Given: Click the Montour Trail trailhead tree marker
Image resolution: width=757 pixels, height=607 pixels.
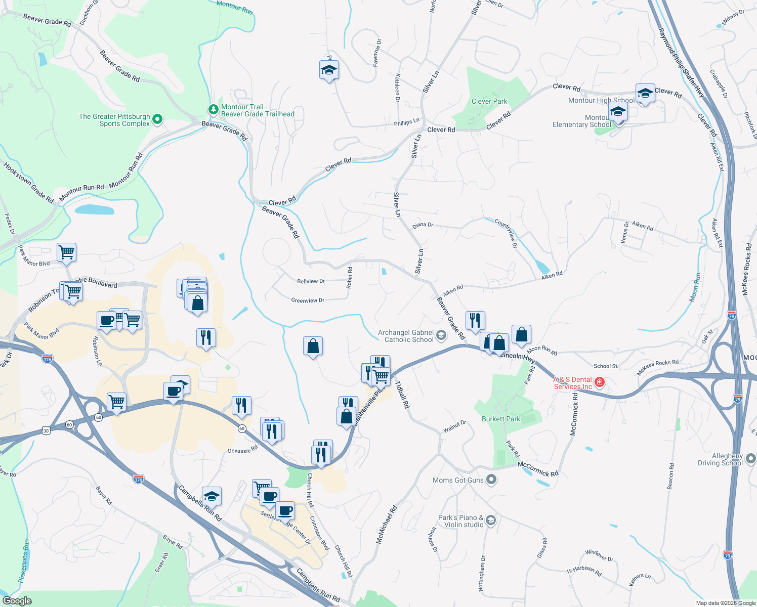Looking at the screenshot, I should [214, 109].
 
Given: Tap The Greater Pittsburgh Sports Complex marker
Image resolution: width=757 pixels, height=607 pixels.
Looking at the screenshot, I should [157, 119].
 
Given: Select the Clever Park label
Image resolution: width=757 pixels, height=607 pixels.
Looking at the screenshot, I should [489, 101].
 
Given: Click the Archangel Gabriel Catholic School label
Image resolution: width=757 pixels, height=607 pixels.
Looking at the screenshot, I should [406, 336].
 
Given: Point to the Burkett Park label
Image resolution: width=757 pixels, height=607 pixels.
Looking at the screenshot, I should [501, 419].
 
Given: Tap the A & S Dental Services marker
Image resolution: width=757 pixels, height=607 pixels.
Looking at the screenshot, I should [600, 381].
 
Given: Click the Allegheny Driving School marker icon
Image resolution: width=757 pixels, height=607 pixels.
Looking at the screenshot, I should [751, 459].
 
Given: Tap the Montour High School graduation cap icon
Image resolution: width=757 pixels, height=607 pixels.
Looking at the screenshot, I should [645, 94].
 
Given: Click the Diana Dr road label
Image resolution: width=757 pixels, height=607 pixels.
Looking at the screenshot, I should [423, 225].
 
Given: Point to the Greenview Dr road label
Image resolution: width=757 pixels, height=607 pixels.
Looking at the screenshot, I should [308, 300].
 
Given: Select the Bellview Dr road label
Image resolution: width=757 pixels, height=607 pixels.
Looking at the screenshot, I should [311, 281].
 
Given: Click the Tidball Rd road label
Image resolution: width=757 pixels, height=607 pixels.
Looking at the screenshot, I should [402, 395].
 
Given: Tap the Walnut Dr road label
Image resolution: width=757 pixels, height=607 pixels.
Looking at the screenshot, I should [454, 426].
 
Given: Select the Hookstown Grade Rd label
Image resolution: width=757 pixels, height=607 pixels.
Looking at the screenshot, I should [28, 183].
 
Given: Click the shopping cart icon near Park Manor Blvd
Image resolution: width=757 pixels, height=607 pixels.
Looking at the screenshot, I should [67, 252].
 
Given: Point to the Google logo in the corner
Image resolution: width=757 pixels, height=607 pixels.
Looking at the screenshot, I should [17, 601].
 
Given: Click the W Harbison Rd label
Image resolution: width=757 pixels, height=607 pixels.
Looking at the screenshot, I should [584, 570].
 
